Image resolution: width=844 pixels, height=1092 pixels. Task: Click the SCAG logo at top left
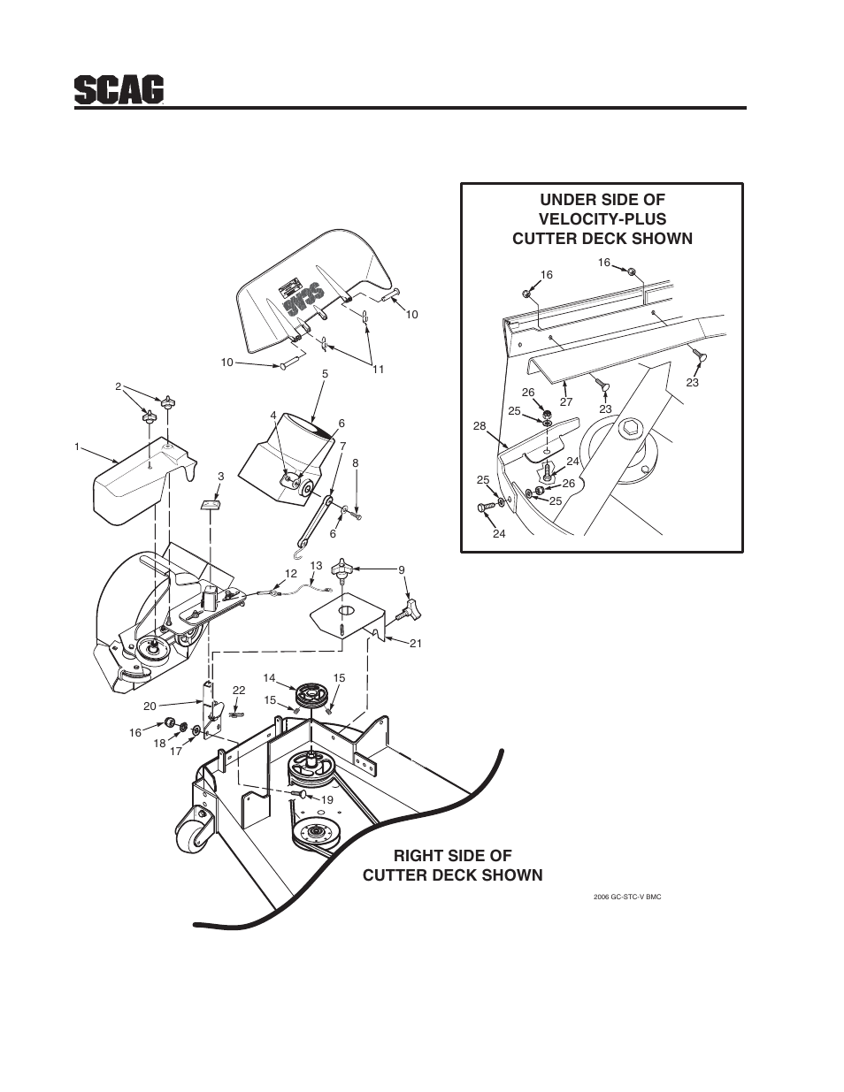point(119,88)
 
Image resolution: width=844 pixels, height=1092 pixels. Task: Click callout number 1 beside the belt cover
point(78,447)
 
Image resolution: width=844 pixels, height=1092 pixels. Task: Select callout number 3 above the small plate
point(220,477)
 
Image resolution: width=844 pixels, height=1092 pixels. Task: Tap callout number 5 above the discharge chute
point(325,374)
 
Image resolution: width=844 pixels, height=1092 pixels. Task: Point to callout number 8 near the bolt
point(356,462)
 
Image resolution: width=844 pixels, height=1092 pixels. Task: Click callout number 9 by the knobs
point(401,570)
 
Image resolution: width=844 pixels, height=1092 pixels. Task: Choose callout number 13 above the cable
point(316,565)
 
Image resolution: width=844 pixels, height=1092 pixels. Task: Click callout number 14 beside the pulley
point(270,678)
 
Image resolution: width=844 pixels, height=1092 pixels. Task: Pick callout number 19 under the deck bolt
point(326,799)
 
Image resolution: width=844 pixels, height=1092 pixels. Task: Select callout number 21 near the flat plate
point(415,644)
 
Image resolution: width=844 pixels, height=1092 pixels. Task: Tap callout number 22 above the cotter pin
point(239,690)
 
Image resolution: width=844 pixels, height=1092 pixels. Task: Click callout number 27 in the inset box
point(566,401)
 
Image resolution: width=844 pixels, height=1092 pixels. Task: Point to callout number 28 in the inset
point(480,426)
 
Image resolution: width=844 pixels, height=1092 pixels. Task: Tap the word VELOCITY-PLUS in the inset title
point(602,219)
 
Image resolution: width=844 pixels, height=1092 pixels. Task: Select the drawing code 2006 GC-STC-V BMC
point(627,897)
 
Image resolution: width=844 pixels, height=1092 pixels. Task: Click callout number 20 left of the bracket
point(150,706)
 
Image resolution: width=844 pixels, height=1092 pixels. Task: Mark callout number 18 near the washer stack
point(159,744)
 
